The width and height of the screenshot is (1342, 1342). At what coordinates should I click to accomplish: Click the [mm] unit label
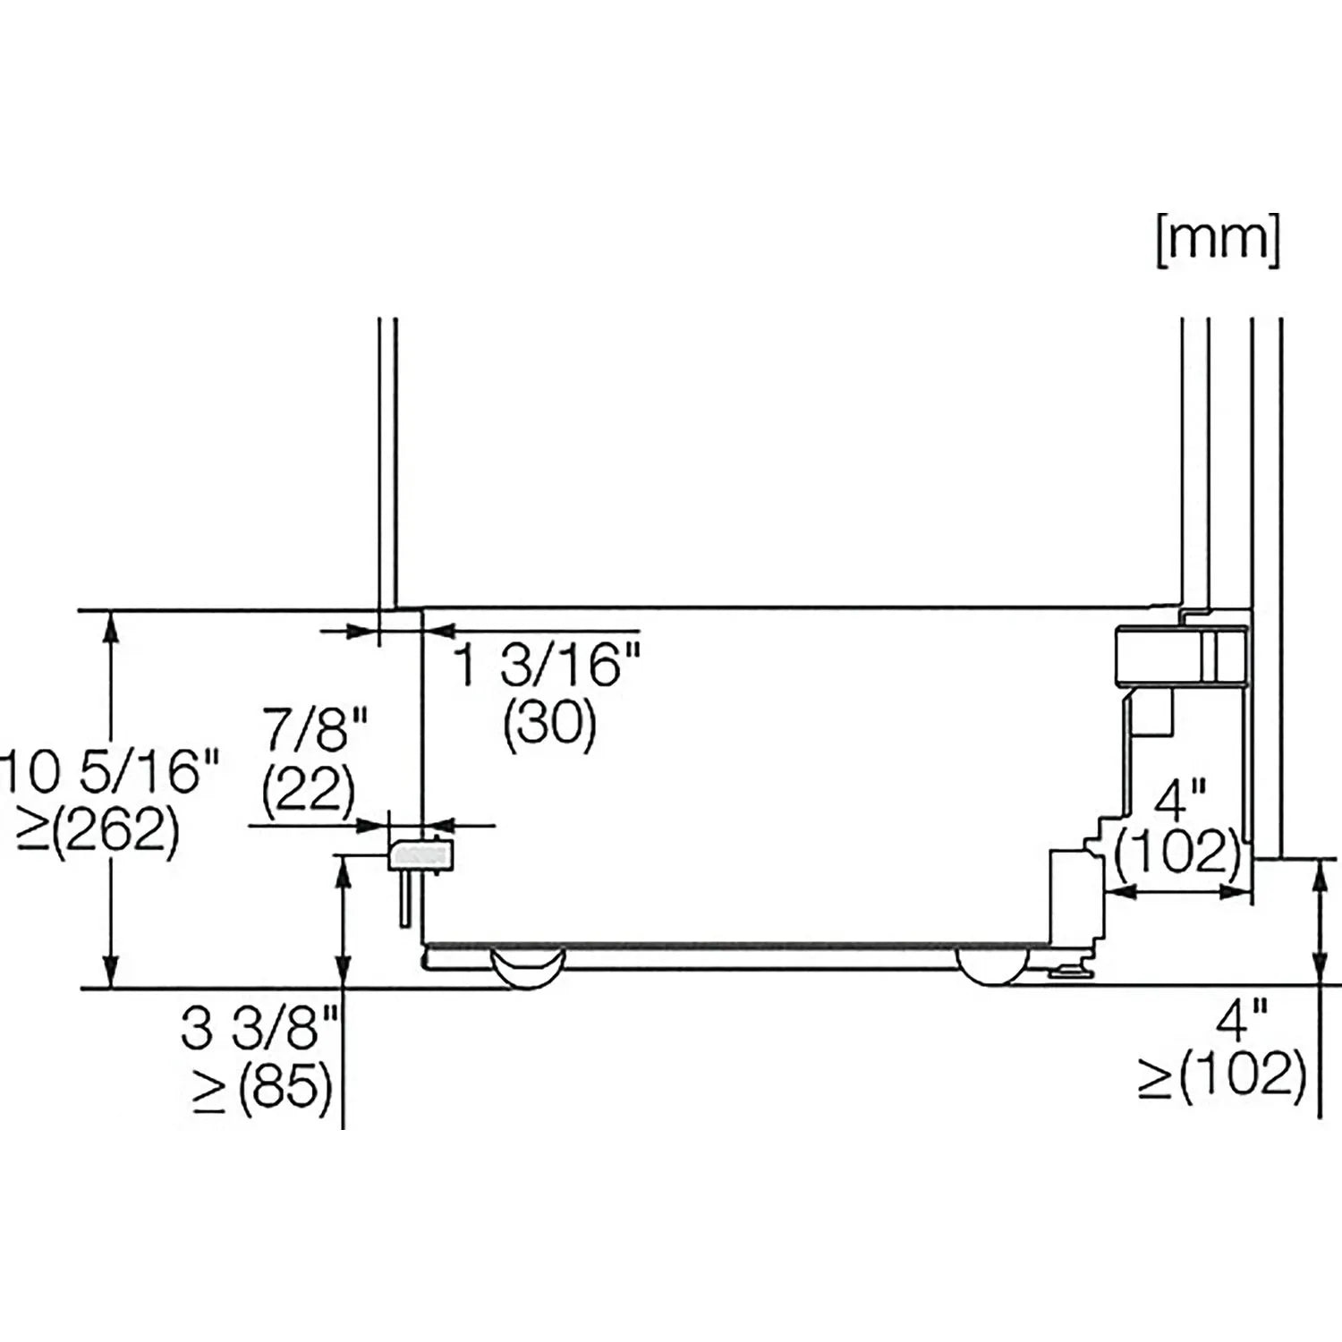point(1218,241)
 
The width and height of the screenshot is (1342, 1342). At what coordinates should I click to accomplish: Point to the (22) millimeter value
point(309,789)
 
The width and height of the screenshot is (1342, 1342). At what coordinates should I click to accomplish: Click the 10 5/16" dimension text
point(109,771)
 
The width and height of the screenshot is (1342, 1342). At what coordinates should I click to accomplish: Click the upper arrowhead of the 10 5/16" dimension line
point(111,626)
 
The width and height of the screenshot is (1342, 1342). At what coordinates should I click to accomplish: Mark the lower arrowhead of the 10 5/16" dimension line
point(111,973)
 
